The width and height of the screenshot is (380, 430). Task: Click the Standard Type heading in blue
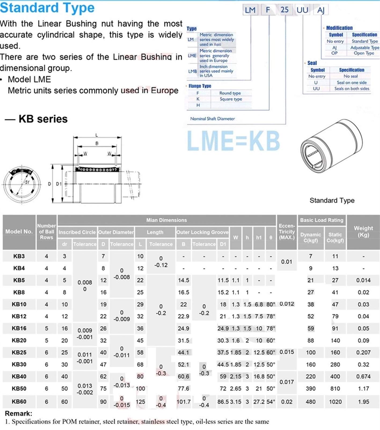coord(47,8)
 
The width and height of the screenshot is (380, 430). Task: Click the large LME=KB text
coord(233,140)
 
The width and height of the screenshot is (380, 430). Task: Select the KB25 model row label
coord(19,352)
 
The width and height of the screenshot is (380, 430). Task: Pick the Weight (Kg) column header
coord(363,232)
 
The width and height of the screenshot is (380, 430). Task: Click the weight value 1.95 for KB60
coord(363,402)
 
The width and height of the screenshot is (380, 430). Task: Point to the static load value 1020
coord(335,402)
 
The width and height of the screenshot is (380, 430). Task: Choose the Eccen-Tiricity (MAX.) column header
coord(287,232)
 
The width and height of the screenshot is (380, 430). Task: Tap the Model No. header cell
coord(19,232)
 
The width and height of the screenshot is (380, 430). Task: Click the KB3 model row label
coord(19,256)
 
